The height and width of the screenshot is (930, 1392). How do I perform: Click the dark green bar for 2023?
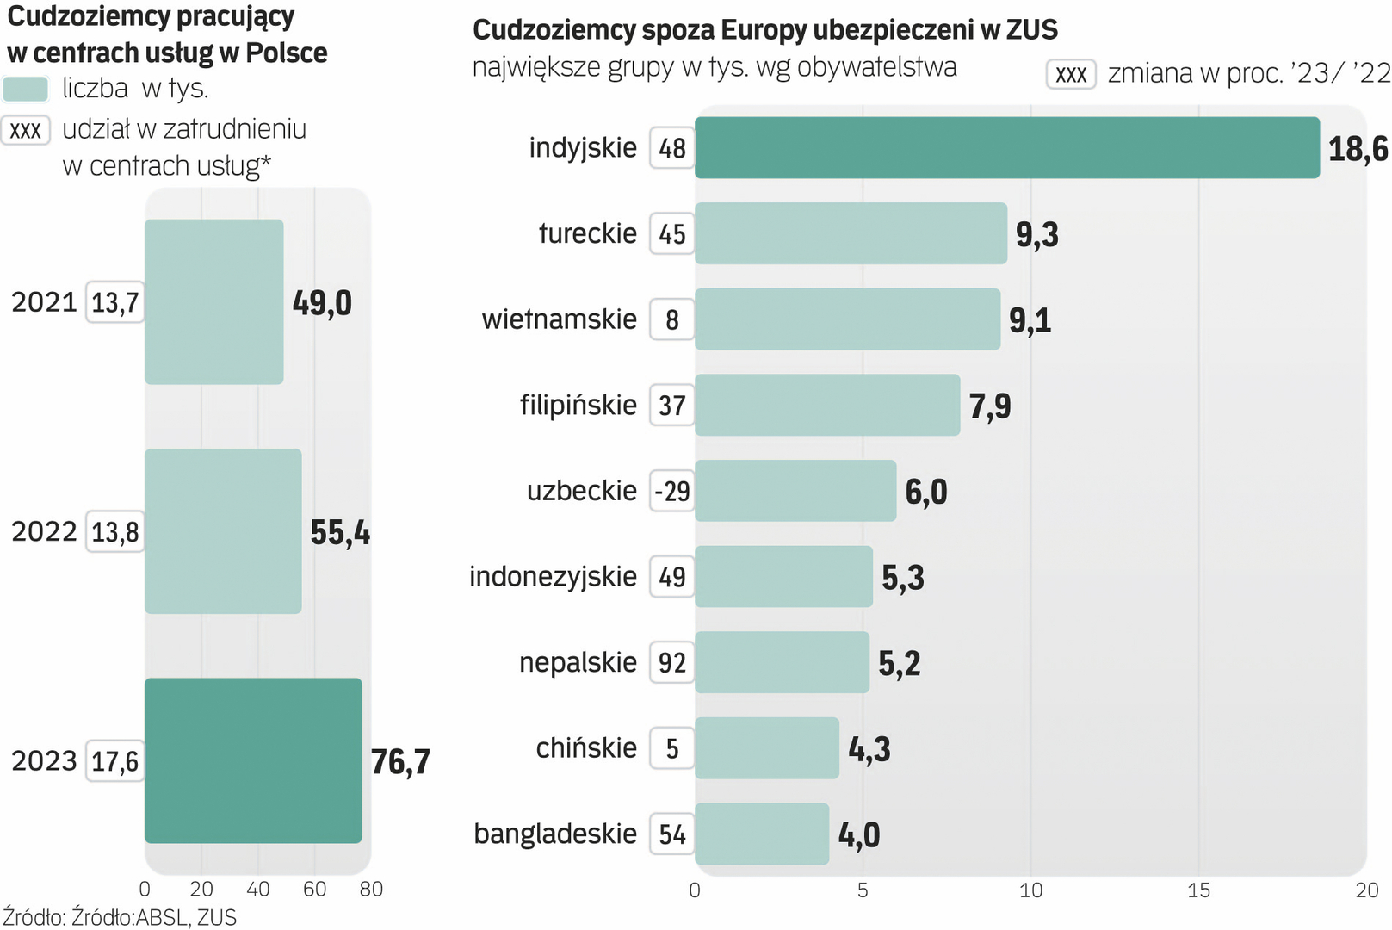point(253,760)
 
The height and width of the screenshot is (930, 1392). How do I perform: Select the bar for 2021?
point(213,301)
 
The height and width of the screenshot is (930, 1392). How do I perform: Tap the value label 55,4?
point(340,533)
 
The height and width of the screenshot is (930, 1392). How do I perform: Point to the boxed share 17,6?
point(115,761)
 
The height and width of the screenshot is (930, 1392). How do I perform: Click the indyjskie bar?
point(1006,148)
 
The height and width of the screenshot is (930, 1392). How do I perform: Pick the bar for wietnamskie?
point(847,319)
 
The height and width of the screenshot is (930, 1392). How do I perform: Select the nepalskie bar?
point(782,662)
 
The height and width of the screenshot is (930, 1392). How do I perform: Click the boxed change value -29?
point(672,492)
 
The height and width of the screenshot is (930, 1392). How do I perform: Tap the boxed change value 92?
point(672,663)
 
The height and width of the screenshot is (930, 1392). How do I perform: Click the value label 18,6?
point(1358,149)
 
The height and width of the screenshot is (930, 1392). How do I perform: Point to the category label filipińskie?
point(578,405)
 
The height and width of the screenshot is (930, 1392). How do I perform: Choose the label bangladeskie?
point(555,834)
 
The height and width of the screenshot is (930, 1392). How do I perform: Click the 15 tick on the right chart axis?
point(1198,890)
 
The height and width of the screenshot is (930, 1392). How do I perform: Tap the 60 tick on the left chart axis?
point(314,890)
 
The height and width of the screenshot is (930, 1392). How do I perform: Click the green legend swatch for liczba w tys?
point(26,89)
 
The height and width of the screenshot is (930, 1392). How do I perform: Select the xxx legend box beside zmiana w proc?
point(1071,75)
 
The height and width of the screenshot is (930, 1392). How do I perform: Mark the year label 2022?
point(44,531)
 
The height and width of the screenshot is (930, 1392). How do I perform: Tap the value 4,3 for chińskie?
point(869,749)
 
